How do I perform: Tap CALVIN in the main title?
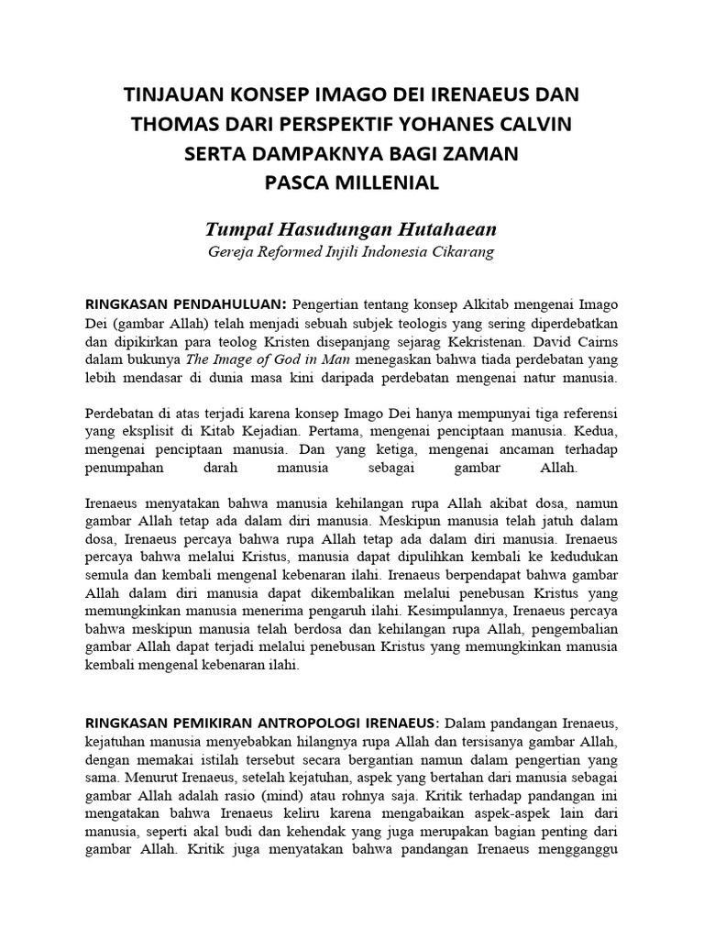pos(537,125)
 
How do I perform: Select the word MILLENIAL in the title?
pos(386,182)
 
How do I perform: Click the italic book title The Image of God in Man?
pos(262,359)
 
